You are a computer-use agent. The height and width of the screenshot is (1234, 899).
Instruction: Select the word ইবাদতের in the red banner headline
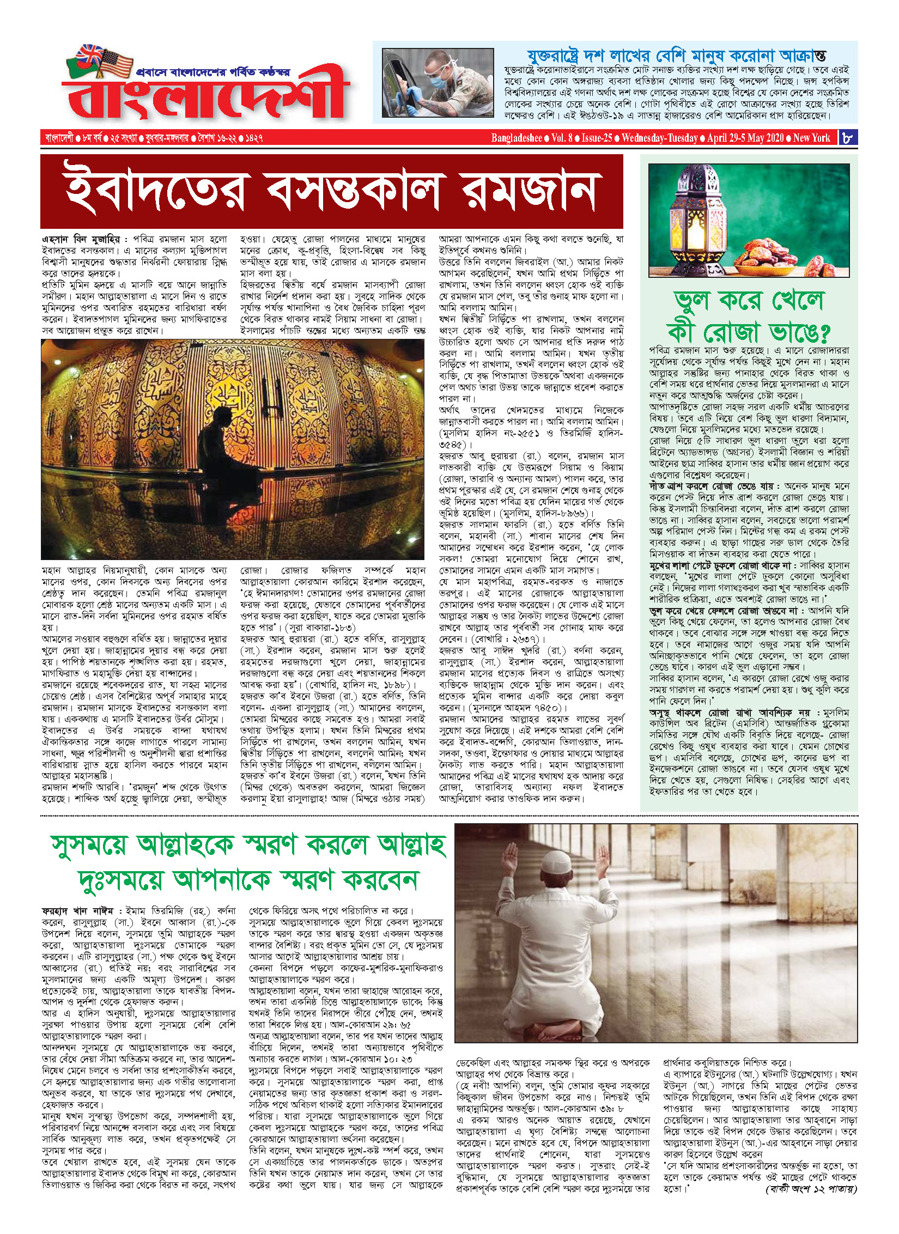[155, 192]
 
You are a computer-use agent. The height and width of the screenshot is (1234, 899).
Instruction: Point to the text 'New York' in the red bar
[811, 138]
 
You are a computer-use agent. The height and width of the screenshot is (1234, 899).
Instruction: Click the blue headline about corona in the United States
[676, 56]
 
